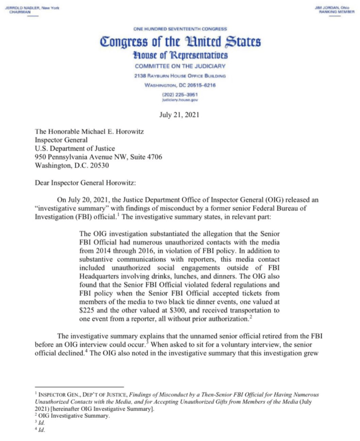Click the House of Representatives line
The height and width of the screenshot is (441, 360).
pos(180,56)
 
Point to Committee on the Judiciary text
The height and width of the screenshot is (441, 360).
pos(180,66)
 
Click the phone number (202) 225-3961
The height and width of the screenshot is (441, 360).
pos(180,94)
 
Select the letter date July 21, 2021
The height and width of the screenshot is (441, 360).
pos(180,116)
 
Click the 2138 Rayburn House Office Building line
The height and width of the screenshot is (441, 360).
pos(180,76)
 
